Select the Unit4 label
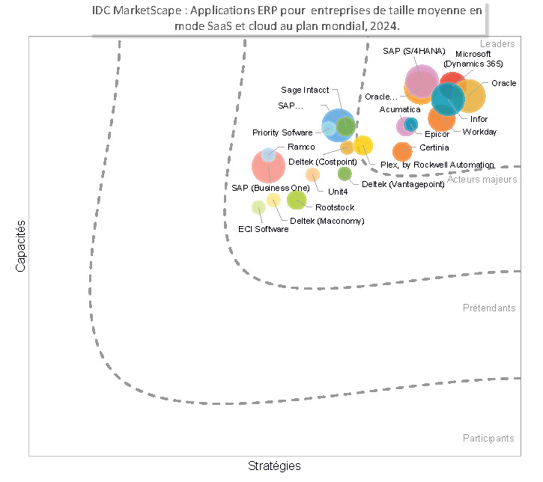(x=327, y=192)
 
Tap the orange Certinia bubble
(x=402, y=151)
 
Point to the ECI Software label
(x=263, y=229)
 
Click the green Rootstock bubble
(x=297, y=200)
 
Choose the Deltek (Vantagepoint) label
(x=403, y=183)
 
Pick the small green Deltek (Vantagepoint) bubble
(x=345, y=174)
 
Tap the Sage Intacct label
(x=305, y=91)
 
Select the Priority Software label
(x=282, y=132)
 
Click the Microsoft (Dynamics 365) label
(x=473, y=59)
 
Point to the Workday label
(x=479, y=132)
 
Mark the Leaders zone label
(x=497, y=44)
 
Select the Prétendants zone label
(x=489, y=308)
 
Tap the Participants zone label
(x=488, y=438)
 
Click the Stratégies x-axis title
(x=274, y=466)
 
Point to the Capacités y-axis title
(x=21, y=245)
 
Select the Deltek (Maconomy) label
(x=327, y=221)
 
